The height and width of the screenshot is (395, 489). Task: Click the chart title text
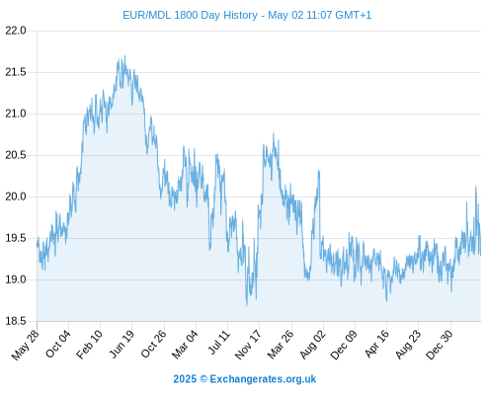[x=247, y=15]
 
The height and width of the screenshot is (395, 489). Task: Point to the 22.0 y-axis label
[x=16, y=31]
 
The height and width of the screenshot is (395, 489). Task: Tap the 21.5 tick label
[x=16, y=72]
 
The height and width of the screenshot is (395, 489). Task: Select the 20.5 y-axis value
[x=16, y=155]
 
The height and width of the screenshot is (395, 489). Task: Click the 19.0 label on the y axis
[x=16, y=279]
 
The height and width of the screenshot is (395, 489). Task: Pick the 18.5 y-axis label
[x=16, y=321]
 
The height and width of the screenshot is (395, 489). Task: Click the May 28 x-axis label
[x=26, y=345]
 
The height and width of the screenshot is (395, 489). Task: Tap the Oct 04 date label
[x=58, y=344]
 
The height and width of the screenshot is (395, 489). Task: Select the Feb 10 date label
[x=89, y=345]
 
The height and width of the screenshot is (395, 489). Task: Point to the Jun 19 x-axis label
[x=122, y=344]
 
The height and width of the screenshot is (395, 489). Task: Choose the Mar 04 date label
[x=185, y=345]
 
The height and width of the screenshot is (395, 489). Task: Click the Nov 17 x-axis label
[x=248, y=345]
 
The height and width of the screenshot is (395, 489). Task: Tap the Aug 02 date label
[x=312, y=345]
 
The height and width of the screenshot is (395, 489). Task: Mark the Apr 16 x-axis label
[x=376, y=344]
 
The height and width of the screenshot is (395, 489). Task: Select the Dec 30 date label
[x=440, y=345]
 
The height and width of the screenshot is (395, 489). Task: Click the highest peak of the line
[x=124, y=55]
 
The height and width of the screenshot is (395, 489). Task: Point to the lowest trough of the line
[x=247, y=306]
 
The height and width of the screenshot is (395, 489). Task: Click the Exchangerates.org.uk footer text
[x=263, y=379]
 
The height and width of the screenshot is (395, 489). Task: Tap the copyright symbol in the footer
[x=204, y=379]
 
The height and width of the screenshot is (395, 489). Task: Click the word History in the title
[x=240, y=15]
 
